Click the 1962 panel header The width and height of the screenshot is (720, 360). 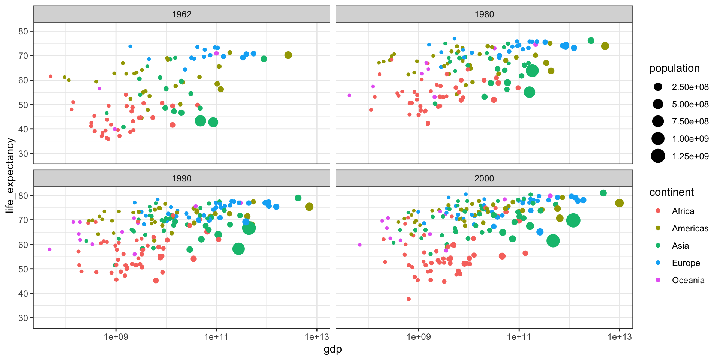tap(181, 14)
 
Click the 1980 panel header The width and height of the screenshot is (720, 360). tap(484, 14)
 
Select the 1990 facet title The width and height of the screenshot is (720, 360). tap(181, 178)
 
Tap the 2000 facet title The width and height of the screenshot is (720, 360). tap(484, 178)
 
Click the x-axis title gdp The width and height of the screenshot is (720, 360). tap(333, 349)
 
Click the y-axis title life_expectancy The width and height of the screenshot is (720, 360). tap(10, 175)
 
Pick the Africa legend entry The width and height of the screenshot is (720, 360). tap(682, 211)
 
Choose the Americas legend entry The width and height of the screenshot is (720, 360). tap(690, 228)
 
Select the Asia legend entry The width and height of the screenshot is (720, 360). tap(680, 246)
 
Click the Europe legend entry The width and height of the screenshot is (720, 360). tap(685, 263)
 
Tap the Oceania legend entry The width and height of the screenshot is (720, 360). tap(688, 280)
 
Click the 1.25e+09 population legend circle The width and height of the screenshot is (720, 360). tap(658, 156)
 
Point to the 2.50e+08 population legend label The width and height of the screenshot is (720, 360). tap(690, 87)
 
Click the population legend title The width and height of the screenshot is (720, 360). tap(674, 68)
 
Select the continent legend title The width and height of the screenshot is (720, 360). tap(671, 192)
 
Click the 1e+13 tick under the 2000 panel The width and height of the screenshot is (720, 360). tap(619, 337)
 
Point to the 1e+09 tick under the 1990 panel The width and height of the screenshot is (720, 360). tap(116, 337)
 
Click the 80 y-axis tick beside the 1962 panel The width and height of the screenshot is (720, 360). tap(23, 31)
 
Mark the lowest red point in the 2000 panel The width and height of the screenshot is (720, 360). tap(408, 299)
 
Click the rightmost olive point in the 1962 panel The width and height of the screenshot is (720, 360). tap(288, 55)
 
